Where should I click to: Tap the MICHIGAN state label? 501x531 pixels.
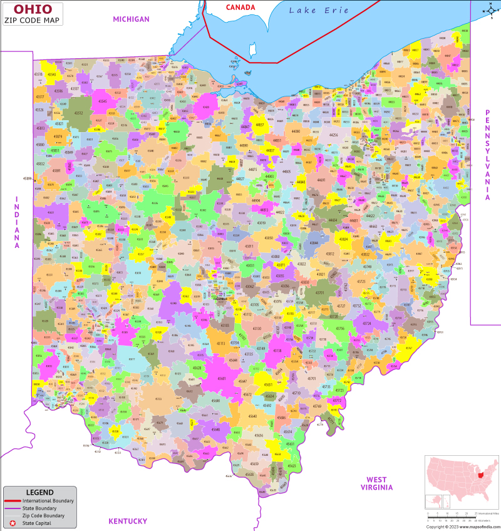131,19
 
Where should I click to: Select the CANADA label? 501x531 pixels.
240,8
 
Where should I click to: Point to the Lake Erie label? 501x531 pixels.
319,11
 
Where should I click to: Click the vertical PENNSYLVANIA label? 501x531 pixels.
487,155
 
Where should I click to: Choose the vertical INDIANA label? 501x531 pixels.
18,222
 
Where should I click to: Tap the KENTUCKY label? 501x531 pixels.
128,521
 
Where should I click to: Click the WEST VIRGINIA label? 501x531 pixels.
376,483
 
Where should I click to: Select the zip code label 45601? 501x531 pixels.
222,378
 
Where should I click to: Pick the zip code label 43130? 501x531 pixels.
257,328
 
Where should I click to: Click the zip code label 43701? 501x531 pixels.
320,292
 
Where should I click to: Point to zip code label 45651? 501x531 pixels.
268,385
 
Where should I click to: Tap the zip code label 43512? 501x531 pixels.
78,113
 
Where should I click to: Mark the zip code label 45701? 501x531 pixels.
311,379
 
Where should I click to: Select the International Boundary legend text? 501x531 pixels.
48,501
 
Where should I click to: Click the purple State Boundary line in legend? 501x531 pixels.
13,508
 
